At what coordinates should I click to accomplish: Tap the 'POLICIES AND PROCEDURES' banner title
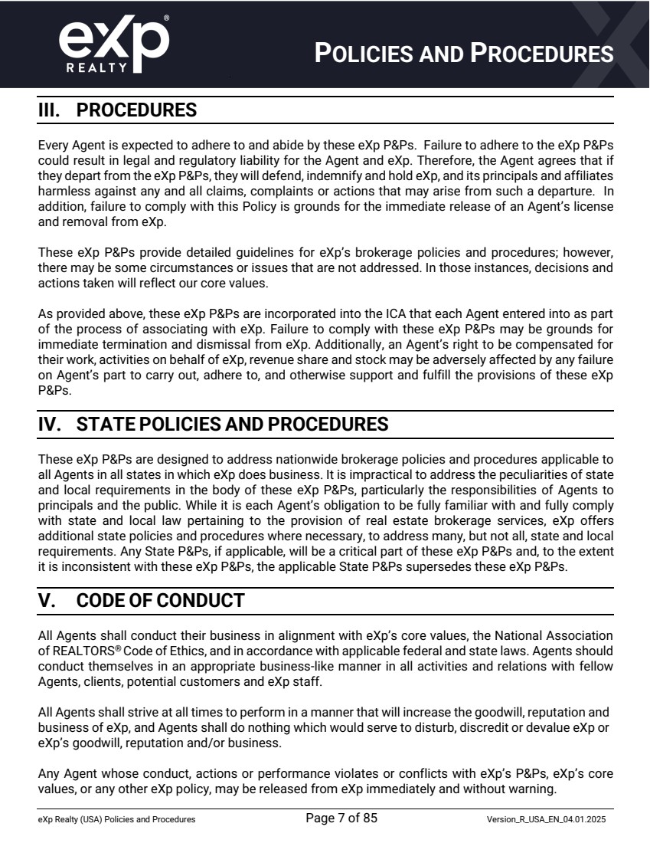pos(465,54)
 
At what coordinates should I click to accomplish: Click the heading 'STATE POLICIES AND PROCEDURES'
pos(233,425)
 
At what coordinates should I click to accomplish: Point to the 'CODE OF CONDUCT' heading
pos(160,601)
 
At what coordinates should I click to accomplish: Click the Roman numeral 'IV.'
pos(51,425)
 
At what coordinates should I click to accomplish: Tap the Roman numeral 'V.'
pos(47,601)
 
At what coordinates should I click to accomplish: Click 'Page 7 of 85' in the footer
pos(341,818)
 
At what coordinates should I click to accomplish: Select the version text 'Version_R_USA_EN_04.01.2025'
pos(547,820)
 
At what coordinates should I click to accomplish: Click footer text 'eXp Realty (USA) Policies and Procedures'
pos(116,820)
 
